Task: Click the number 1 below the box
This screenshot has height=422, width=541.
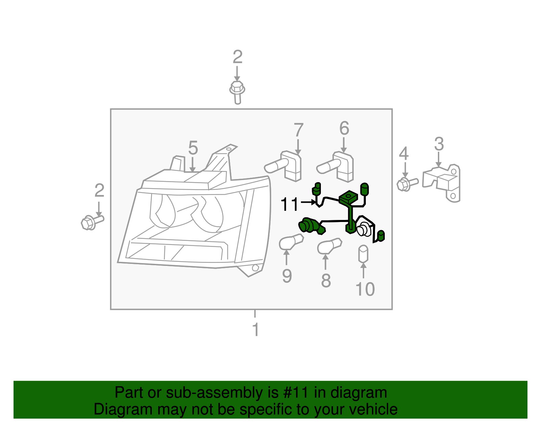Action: pyautogui.click(x=256, y=329)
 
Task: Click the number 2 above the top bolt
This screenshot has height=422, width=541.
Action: pyautogui.click(x=237, y=57)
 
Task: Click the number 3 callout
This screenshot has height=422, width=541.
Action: pyautogui.click(x=439, y=144)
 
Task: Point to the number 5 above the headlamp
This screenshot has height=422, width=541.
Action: pyautogui.click(x=193, y=148)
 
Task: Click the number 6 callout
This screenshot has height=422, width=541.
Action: pyautogui.click(x=344, y=128)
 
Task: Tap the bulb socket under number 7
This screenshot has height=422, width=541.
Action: pyautogui.click(x=284, y=165)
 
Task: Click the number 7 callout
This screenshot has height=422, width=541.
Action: pyautogui.click(x=298, y=130)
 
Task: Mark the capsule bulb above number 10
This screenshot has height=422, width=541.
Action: pyautogui.click(x=363, y=254)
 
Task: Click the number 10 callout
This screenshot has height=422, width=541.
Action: pyautogui.click(x=365, y=289)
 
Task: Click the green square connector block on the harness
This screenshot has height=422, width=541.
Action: pyautogui.click(x=349, y=198)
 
